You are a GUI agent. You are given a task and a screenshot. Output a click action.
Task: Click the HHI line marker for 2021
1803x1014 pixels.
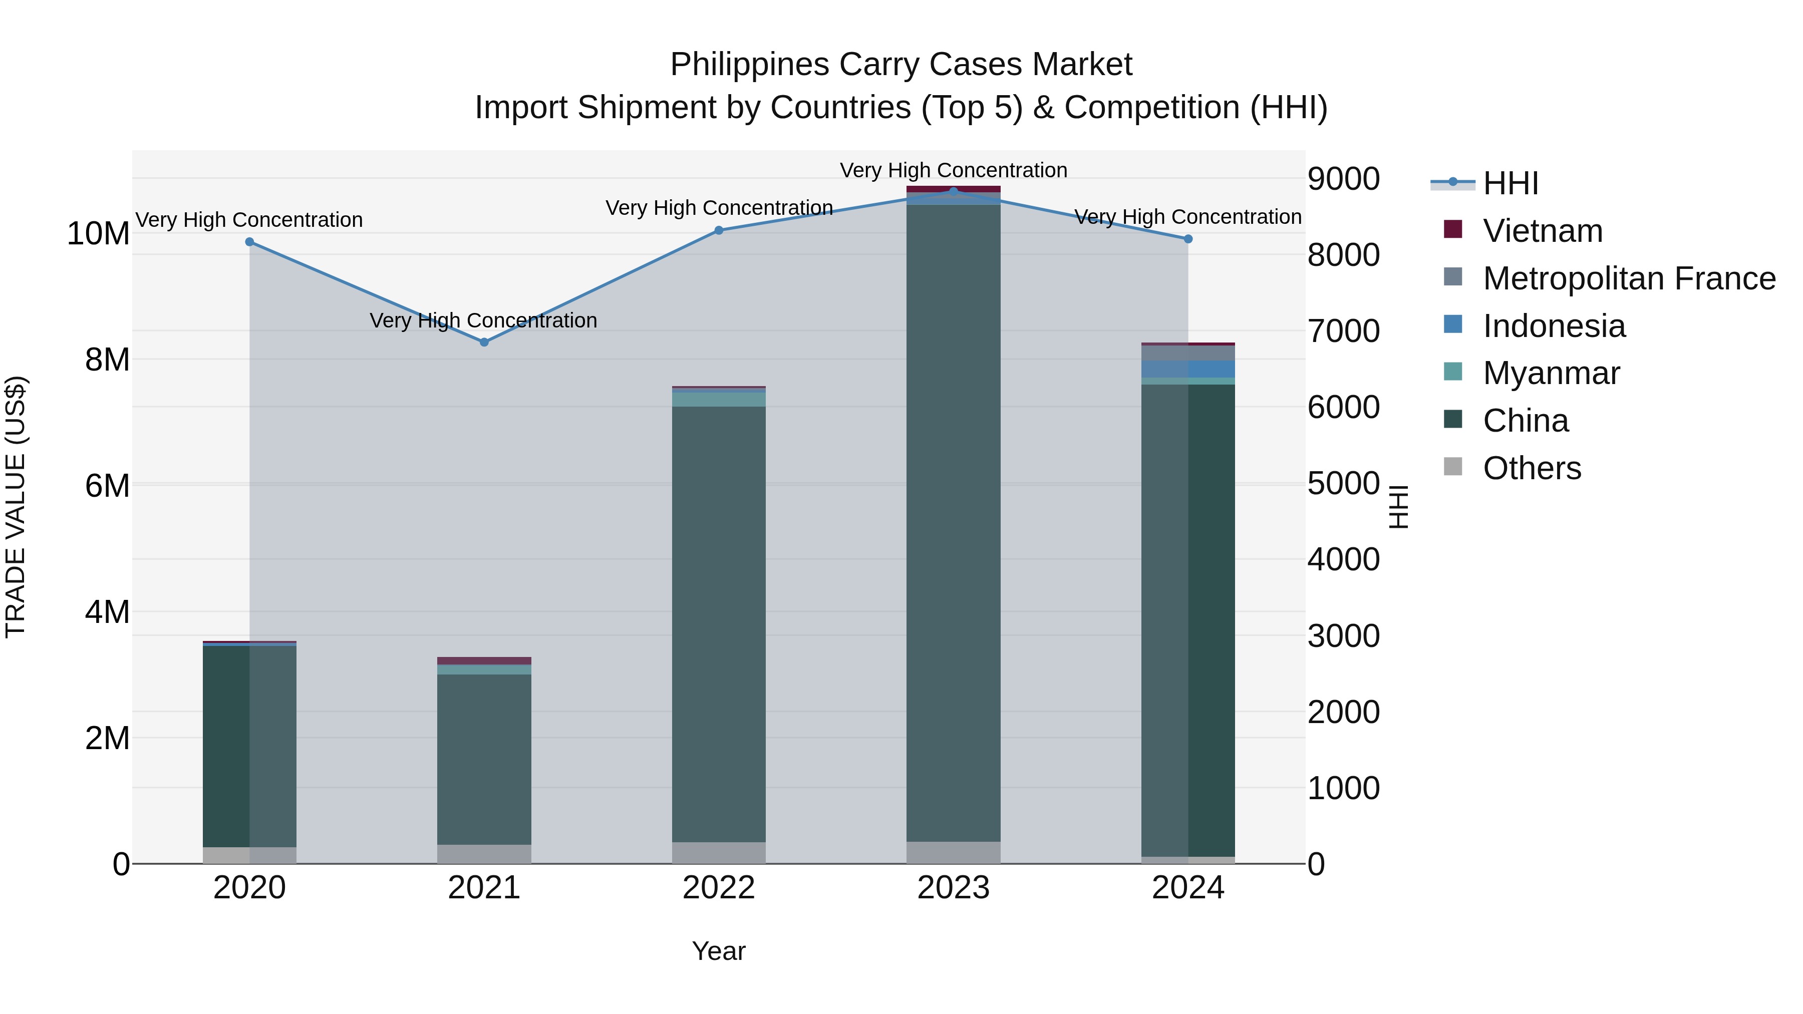[484, 342]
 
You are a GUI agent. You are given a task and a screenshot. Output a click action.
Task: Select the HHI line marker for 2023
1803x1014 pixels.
[953, 191]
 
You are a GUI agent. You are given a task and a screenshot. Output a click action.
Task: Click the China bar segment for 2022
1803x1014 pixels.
[719, 623]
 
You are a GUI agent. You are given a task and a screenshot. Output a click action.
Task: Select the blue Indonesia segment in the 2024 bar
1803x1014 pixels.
[1188, 369]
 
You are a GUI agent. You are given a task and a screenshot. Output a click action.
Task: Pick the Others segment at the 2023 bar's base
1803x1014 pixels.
[953, 852]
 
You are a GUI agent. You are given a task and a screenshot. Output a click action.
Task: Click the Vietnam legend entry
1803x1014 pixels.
[1542, 231]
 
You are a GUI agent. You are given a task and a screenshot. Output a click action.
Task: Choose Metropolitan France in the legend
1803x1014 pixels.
[1629, 278]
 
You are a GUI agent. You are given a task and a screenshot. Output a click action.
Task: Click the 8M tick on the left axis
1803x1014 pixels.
[107, 360]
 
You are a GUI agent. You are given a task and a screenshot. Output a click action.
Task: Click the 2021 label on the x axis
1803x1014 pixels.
[484, 888]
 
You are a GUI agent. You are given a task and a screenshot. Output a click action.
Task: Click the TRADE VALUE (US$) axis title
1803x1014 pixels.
[16, 507]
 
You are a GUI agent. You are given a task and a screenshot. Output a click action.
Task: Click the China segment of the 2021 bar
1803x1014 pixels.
[484, 759]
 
